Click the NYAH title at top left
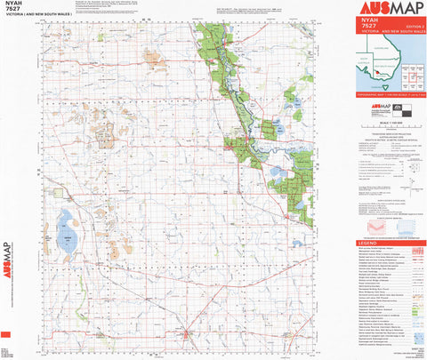[x=15, y=5]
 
